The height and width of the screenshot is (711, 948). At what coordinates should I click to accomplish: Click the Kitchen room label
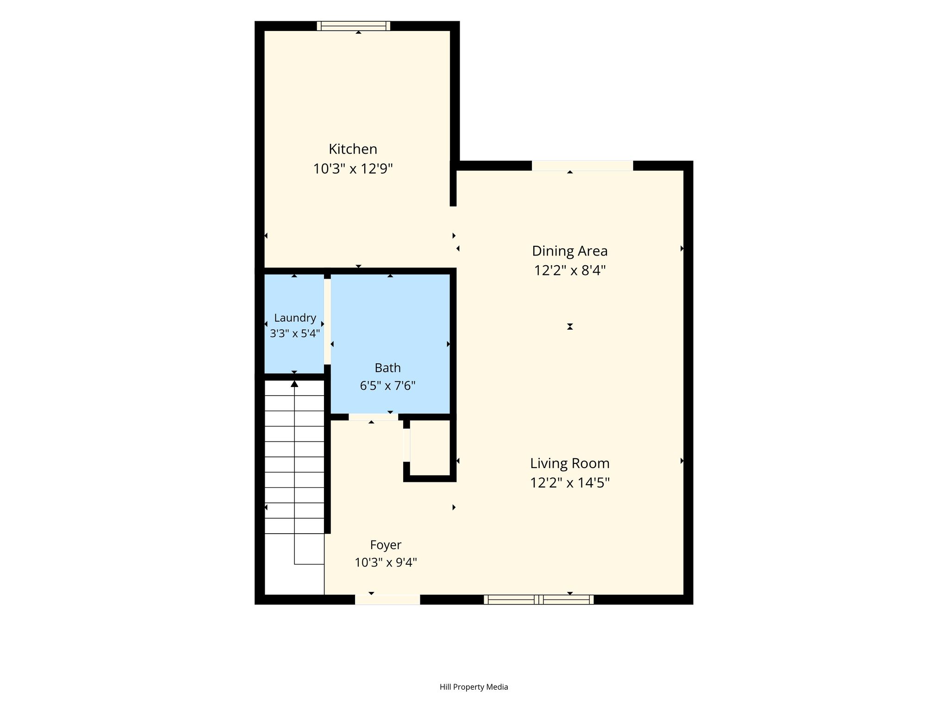(353, 149)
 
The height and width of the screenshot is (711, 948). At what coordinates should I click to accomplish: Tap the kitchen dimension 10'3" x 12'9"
(353, 169)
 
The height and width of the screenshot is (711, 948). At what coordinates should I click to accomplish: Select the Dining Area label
(569, 251)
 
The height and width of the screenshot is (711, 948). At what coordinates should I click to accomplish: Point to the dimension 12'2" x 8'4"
(570, 270)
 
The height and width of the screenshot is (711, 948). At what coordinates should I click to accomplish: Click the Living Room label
(569, 463)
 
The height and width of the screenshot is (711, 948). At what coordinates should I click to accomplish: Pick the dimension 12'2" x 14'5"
(570, 483)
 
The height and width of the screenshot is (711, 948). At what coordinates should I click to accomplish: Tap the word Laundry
(295, 318)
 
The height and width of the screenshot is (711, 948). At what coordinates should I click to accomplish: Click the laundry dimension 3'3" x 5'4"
(295, 333)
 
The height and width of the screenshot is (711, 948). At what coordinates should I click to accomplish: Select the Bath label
(387, 368)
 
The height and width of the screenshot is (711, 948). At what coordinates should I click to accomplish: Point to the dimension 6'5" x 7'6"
(387, 386)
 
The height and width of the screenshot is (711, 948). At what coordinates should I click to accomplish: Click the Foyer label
(386, 545)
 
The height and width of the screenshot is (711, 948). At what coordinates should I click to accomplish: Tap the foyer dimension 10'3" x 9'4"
(386, 562)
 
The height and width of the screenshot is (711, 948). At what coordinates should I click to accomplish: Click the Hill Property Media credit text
(474, 687)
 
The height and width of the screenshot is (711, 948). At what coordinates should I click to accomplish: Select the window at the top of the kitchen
(354, 26)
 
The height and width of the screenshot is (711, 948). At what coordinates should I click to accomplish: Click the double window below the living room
(539, 599)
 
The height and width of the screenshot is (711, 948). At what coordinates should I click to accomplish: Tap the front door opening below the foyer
(387, 599)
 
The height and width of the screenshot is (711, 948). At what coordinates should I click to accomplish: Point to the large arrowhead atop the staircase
(294, 383)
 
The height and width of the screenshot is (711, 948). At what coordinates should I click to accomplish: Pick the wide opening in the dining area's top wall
(582, 166)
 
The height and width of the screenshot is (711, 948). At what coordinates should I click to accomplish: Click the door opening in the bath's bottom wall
(373, 417)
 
